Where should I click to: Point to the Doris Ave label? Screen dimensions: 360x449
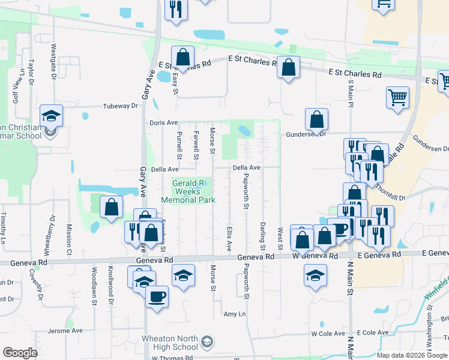(x=164, y=123)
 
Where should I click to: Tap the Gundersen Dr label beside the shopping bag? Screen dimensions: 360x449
(x=306, y=134)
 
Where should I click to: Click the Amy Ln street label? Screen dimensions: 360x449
(x=235, y=314)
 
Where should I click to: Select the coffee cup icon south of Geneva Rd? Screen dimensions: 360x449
(x=157, y=296)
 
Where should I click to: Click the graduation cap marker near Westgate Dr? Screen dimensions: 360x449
(x=52, y=115)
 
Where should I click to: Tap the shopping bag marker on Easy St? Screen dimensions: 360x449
(x=184, y=58)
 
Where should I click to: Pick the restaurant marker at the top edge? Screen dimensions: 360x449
(x=176, y=9)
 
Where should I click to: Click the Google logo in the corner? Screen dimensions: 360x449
(x=20, y=353)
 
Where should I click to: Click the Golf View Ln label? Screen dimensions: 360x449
(x=16, y=85)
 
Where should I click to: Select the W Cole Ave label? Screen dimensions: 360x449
(x=326, y=333)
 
